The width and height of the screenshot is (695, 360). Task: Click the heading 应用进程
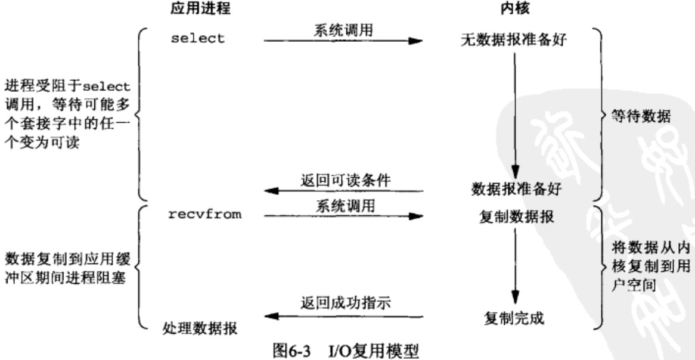tap(200, 8)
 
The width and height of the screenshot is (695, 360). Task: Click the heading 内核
tap(514, 8)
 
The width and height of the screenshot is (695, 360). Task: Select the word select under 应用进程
tap(198, 39)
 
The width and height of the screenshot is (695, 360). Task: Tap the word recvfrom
tap(205, 215)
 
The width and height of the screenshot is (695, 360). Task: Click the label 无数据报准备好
tap(514, 41)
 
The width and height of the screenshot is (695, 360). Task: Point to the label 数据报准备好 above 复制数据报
tap(516, 190)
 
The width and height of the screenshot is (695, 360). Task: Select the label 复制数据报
tap(516, 218)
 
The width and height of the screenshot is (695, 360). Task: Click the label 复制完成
tap(514, 318)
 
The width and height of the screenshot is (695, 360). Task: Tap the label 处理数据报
tap(200, 328)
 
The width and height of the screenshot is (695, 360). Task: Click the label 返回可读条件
tap(346, 181)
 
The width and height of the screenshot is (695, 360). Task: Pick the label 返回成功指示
tap(346, 304)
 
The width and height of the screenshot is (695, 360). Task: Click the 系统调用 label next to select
tap(343, 30)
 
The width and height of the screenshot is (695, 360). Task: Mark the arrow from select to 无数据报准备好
tap(343, 41)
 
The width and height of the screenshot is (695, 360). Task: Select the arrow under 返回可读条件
tap(343, 191)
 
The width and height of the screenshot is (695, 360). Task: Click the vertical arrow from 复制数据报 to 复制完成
tap(514, 266)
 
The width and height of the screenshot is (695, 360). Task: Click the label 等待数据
tap(641, 117)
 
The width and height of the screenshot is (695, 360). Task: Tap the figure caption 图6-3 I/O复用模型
tap(345, 351)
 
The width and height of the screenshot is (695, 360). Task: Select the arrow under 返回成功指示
tap(343, 316)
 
